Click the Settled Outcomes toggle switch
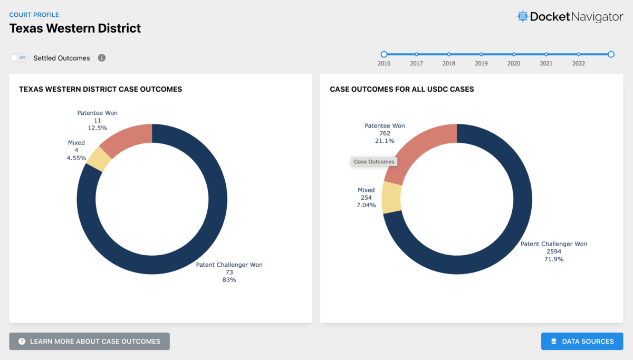pos(18,58)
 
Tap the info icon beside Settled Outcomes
pos(102,58)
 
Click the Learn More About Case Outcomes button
pos(89,342)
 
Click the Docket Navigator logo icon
pos(522,16)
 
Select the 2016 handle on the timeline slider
pos(384,54)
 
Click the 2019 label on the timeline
pos(481,63)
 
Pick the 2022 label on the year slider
pos(578,63)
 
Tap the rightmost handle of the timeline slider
pos(611,54)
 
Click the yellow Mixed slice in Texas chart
pos(99,158)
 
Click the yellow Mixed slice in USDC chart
pos(392,197)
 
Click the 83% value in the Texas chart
pos(229,280)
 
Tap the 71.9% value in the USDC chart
pos(554,259)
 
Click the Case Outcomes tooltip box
pos(374,162)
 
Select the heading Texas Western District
pos(75,28)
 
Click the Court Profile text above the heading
pos(34,15)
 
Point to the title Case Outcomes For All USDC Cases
pos(401,90)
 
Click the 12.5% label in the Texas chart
pos(97,128)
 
